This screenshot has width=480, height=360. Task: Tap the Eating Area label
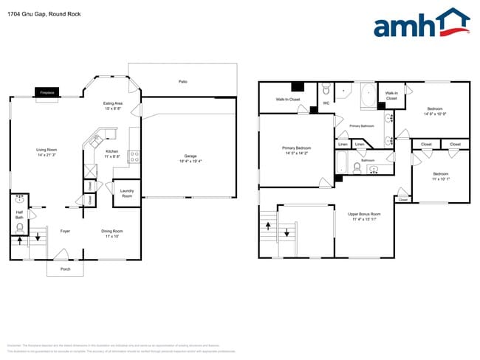(x=112, y=106)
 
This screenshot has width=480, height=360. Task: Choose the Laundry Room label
(x=126, y=193)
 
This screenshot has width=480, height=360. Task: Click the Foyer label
(x=64, y=231)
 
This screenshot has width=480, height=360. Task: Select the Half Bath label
(x=20, y=215)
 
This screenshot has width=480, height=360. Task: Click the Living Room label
(x=47, y=153)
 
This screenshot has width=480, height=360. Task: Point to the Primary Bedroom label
(x=296, y=150)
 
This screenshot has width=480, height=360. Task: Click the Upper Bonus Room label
(x=364, y=216)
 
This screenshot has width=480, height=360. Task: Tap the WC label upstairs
(x=326, y=103)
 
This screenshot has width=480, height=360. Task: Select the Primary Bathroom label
(x=363, y=126)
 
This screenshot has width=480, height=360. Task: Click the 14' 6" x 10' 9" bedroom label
(x=433, y=111)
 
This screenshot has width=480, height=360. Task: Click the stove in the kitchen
(x=134, y=156)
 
